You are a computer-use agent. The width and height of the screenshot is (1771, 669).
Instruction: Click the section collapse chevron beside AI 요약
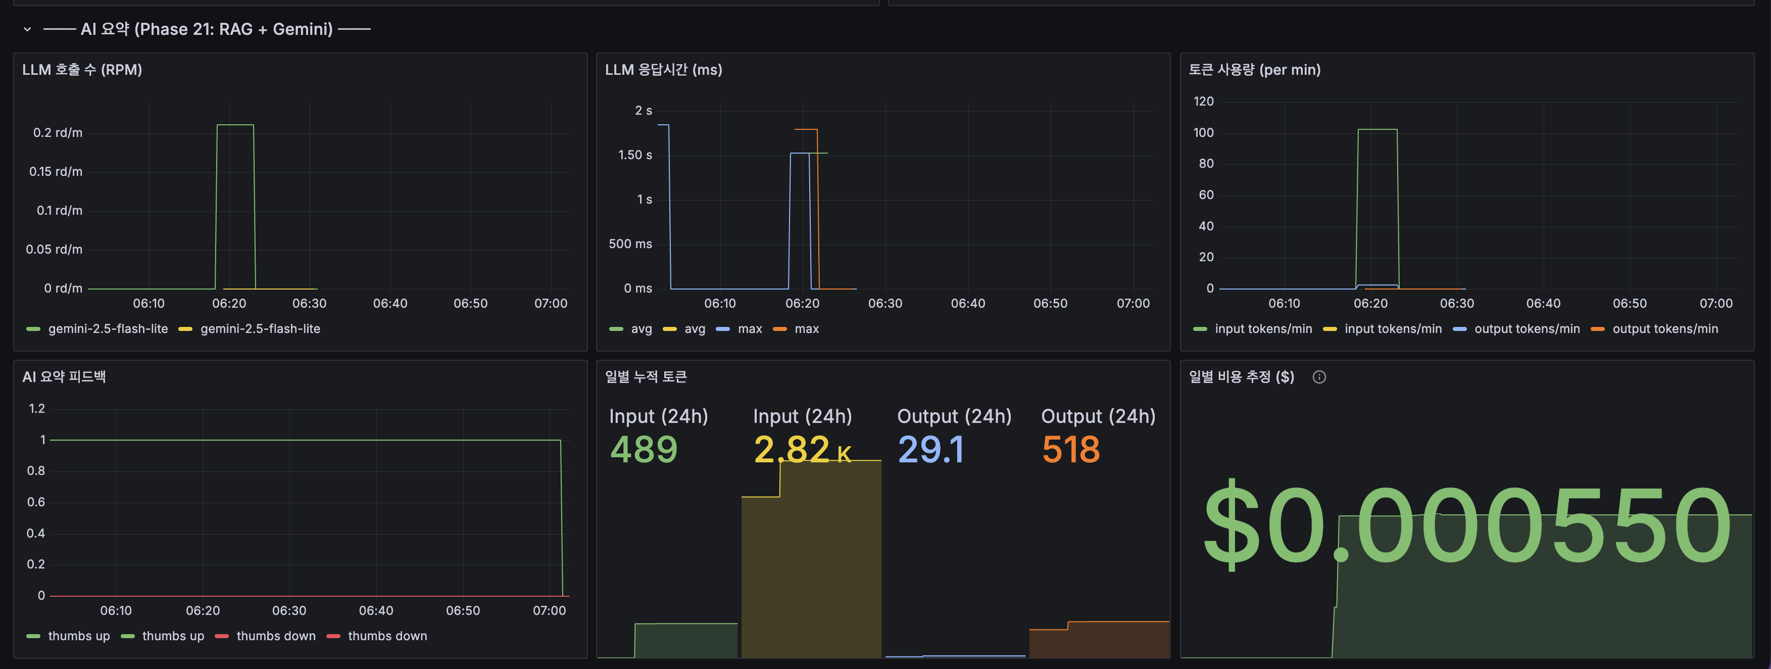tap(27, 30)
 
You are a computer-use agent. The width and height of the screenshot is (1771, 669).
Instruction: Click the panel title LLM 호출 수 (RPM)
tap(82, 69)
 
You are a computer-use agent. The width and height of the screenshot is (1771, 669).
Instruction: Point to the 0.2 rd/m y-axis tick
tap(58, 133)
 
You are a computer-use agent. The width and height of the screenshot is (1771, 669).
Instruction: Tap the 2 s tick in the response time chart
tap(643, 111)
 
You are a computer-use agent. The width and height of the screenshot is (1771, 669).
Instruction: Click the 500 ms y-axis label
tap(630, 244)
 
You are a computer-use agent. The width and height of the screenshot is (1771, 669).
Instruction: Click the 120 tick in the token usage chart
tap(1203, 102)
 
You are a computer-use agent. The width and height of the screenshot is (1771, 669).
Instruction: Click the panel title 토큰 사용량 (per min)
tap(1254, 69)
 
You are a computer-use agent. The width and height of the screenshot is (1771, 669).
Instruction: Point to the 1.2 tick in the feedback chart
tap(36, 408)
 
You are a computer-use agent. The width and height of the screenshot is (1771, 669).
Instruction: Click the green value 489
tap(644, 450)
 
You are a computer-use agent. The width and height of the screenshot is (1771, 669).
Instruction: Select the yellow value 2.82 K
tap(802, 450)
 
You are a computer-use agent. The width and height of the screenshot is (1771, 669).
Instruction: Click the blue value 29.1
tap(931, 450)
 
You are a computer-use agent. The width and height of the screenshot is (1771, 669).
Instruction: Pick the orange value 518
tap(1070, 450)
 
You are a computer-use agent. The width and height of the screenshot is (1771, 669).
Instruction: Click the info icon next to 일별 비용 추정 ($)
tap(1318, 377)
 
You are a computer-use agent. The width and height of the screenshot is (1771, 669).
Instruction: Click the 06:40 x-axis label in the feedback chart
tap(375, 610)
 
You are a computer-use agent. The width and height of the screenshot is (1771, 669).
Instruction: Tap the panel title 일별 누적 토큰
tap(646, 377)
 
